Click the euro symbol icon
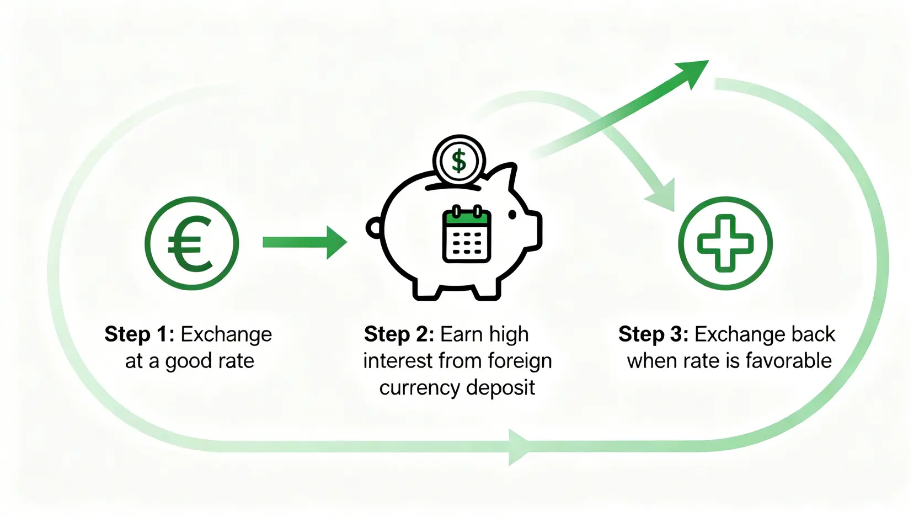191,243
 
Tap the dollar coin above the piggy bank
459,161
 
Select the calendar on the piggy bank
467,234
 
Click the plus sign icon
725,243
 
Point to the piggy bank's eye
512,215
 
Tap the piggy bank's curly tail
374,227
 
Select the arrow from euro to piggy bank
304,242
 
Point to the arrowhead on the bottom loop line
519,446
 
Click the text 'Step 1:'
139,334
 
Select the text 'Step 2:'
399,334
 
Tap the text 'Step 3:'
653,334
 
